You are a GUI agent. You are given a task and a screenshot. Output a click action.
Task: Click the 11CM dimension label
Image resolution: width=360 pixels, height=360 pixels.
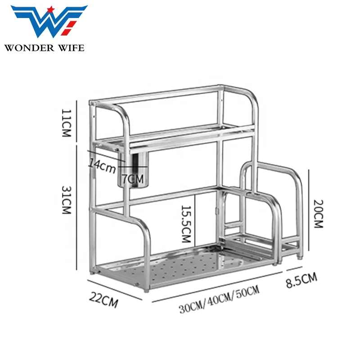[x=66, y=123]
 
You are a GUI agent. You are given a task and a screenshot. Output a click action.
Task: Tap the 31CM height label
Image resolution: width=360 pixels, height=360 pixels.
[x=66, y=200]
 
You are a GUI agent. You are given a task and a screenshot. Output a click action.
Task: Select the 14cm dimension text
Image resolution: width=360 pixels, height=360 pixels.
[x=102, y=166]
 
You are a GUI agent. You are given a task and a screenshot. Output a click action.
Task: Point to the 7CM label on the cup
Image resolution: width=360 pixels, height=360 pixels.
[x=132, y=179]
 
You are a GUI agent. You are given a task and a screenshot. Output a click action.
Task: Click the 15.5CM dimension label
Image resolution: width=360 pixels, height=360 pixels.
[x=186, y=224]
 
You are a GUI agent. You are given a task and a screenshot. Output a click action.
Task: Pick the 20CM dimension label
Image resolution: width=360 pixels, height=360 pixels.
[x=319, y=214]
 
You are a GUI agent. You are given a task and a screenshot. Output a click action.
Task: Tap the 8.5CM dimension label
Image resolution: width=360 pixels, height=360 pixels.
[x=301, y=280]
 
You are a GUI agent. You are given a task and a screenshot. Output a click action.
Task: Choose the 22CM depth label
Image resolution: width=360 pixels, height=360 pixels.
[x=103, y=300]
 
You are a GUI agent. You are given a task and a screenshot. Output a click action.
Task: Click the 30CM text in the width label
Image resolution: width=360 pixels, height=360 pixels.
[x=191, y=307]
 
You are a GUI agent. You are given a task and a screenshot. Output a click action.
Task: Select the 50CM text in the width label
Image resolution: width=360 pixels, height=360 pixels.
[x=248, y=292]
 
